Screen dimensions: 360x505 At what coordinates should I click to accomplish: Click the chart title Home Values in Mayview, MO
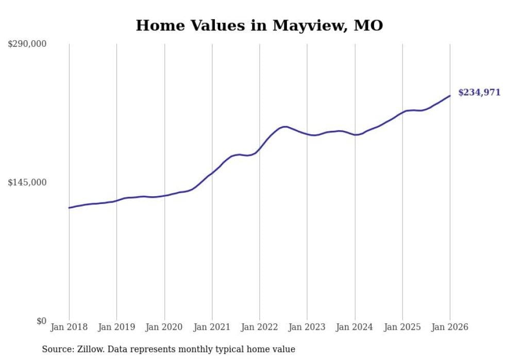(259, 25)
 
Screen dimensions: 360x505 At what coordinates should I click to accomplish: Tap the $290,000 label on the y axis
(27, 44)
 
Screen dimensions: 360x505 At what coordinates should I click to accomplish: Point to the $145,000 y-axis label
(27, 182)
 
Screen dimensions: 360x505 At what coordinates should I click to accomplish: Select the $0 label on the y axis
(41, 321)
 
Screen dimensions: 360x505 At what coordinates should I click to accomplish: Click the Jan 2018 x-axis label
(69, 327)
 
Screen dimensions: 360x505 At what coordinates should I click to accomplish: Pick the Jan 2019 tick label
(116, 327)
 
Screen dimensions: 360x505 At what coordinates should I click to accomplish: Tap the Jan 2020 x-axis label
(164, 327)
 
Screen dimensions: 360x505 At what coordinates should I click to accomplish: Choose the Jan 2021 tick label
(212, 327)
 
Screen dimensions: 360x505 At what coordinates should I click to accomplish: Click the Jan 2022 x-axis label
(260, 327)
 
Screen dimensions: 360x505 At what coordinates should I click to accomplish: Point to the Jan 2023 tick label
(307, 327)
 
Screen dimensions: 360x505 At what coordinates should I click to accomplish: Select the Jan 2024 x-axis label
(355, 327)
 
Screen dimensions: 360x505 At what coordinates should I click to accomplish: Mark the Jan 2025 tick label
(402, 327)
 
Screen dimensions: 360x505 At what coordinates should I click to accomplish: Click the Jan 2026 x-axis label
(450, 327)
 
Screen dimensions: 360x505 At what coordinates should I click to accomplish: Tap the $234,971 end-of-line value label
(479, 93)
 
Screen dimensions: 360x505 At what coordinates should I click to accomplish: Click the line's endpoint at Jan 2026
(450, 96)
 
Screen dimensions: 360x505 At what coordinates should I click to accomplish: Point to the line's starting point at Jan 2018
(69, 208)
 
